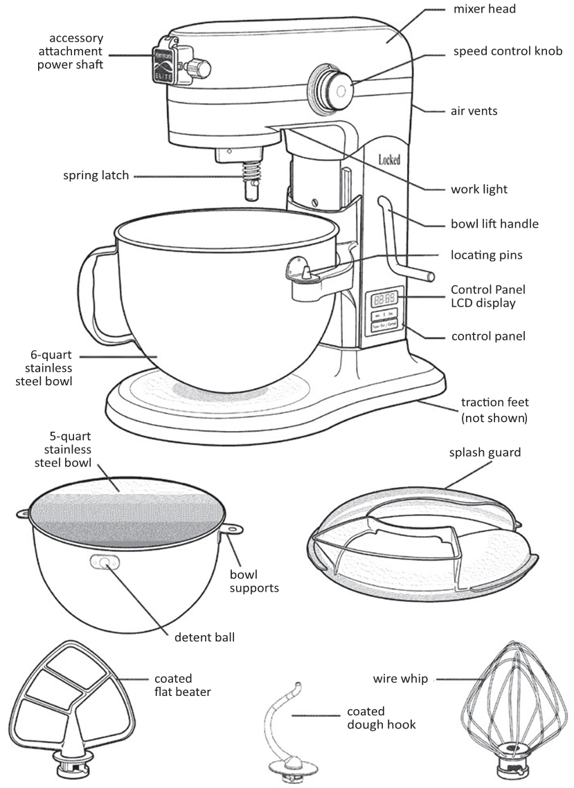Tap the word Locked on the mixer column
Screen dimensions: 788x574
[389, 160]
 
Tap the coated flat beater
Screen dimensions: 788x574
[66, 706]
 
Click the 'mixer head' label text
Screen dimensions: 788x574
[484, 10]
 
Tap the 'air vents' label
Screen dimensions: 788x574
[474, 111]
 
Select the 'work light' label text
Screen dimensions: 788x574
[479, 189]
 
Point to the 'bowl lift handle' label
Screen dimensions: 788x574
[494, 223]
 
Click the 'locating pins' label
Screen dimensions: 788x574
[486, 255]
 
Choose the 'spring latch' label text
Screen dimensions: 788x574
[96, 176]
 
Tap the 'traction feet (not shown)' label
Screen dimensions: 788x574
[494, 410]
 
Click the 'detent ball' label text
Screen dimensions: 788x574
[204, 636]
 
